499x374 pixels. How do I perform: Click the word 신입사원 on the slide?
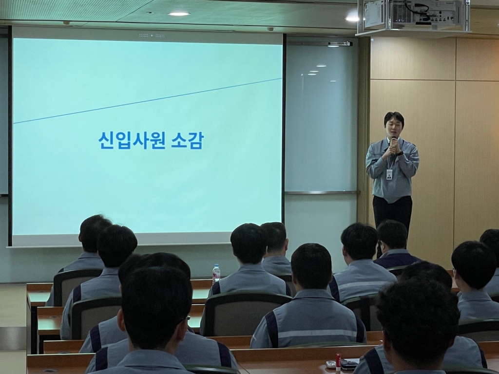tap(132, 140)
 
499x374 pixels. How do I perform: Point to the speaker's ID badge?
tap(389, 175)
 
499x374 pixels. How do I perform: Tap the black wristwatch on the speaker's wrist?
tap(400, 153)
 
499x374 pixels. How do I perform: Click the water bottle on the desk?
tap(216, 273)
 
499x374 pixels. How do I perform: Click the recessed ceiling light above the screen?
tap(179, 14)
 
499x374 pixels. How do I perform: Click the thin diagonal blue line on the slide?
tap(148, 100)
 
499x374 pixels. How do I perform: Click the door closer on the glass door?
tap(340, 43)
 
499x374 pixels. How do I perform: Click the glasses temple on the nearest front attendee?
tap(187, 318)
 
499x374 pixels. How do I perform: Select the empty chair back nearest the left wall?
tap(77, 283)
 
